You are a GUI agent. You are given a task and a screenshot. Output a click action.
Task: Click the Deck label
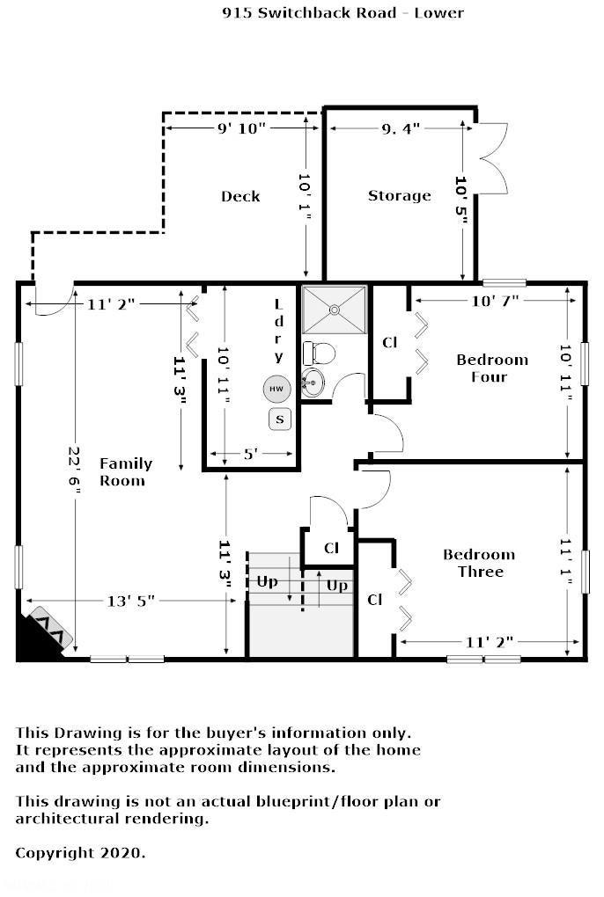[x=240, y=196]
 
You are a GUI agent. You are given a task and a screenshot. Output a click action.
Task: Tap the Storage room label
[x=400, y=195]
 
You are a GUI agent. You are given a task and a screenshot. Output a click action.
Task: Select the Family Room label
[x=125, y=472]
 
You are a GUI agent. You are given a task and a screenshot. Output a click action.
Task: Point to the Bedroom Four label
[x=492, y=368]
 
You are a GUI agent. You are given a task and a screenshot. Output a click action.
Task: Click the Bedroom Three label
[x=479, y=563]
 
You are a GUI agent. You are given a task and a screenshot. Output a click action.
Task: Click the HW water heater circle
[x=276, y=389]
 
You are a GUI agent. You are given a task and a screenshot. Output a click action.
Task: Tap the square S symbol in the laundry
[x=280, y=419]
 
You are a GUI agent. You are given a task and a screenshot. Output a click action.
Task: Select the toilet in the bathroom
[x=319, y=353]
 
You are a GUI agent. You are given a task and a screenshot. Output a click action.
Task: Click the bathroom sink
[x=313, y=383]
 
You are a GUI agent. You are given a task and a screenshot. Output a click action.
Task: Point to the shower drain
[x=335, y=310]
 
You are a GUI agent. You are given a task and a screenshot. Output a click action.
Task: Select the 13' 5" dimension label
[x=131, y=602]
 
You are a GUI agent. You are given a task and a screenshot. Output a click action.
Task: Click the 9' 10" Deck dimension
[x=241, y=128]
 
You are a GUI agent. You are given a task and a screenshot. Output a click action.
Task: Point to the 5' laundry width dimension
[x=251, y=455]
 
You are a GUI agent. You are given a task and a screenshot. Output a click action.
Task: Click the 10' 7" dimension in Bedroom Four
[x=495, y=301]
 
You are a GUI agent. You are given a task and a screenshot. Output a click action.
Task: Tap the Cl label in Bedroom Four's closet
[x=389, y=343]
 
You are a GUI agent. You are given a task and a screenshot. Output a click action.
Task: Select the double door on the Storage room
[x=492, y=158]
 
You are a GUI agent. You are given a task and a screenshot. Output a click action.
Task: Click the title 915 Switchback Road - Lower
[x=343, y=13]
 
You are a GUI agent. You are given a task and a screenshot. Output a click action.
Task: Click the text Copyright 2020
[x=80, y=853]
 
